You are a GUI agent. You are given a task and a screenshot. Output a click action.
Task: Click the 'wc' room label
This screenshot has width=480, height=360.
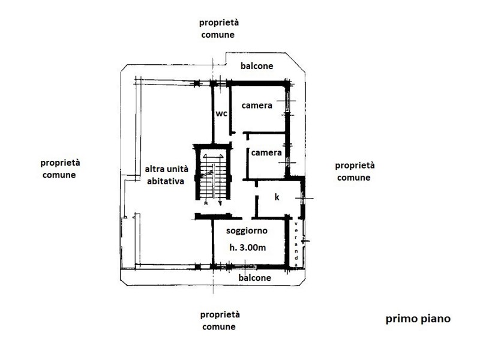pos(221,113)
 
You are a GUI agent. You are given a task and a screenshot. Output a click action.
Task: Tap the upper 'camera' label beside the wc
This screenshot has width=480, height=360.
pos(257,106)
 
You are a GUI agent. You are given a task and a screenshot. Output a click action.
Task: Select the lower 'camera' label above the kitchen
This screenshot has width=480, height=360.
pos(266,152)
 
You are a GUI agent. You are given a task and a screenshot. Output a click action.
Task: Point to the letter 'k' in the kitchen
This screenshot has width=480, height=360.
pos(277,197)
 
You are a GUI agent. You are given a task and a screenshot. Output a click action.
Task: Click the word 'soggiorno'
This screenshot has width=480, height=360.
pos(247,231)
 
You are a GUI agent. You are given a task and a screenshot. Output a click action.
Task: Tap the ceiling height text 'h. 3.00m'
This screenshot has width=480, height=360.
pos(248,247)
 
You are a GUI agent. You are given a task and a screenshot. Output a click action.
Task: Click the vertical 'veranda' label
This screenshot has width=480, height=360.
pos(296,244)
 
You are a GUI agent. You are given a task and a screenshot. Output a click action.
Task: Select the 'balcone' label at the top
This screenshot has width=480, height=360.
pos(257,66)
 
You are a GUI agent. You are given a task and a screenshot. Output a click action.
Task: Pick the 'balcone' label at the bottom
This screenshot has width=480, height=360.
pos(254,278)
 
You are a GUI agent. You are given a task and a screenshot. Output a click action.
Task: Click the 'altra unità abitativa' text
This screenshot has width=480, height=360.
pos(166,175)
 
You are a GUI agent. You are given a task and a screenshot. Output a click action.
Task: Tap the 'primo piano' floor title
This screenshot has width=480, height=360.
pos(418,319)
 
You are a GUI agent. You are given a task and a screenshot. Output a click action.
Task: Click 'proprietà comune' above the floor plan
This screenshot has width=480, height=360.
pos(218,28)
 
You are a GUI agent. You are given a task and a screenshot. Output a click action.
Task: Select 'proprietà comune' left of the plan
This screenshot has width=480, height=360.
pos(60,169)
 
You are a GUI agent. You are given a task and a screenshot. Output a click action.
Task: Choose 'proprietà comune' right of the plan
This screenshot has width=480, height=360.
pos(355,172)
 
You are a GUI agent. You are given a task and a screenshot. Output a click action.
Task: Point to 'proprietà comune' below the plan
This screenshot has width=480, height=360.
pos(220,320)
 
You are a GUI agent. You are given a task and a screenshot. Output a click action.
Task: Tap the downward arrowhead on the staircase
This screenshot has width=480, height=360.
pos(220,202)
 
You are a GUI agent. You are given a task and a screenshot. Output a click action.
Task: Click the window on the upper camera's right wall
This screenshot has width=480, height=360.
pos(287,101)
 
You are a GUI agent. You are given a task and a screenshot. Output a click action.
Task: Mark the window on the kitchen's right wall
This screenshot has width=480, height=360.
pos(302,199)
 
